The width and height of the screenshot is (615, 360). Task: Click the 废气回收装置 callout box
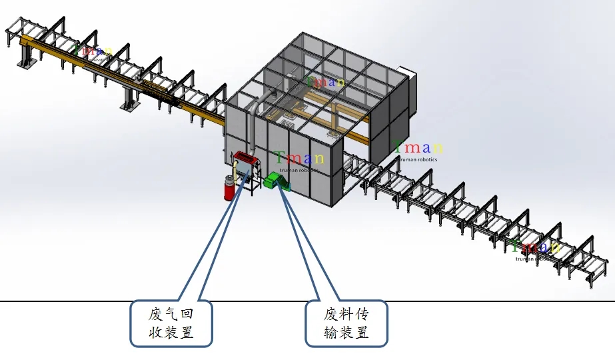click(171, 323)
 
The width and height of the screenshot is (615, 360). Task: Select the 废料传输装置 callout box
click(346, 323)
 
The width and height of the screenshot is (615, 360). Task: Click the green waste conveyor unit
click(273, 181)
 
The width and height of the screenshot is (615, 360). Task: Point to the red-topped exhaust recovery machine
click(245, 159)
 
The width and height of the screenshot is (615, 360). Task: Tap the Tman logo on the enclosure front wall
click(299, 158)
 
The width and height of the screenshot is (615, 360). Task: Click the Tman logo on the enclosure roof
click(324, 81)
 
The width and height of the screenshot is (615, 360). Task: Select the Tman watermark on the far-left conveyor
click(91, 49)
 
